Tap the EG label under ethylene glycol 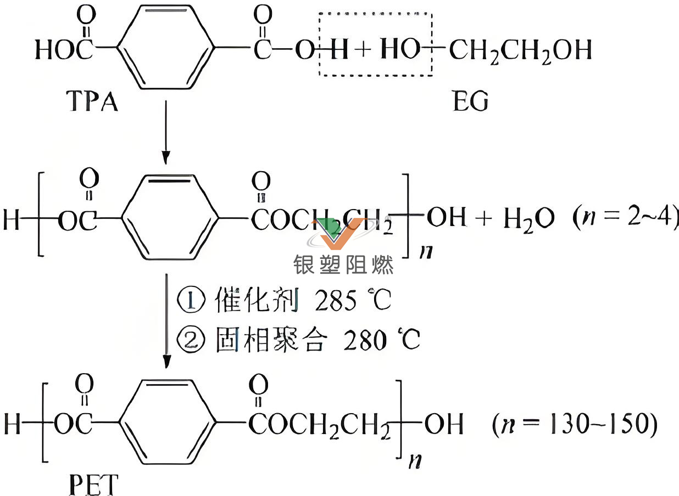[x=470, y=101]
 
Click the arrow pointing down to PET [x=166, y=324]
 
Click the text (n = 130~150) [x=575, y=425]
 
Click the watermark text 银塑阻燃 [x=343, y=266]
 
